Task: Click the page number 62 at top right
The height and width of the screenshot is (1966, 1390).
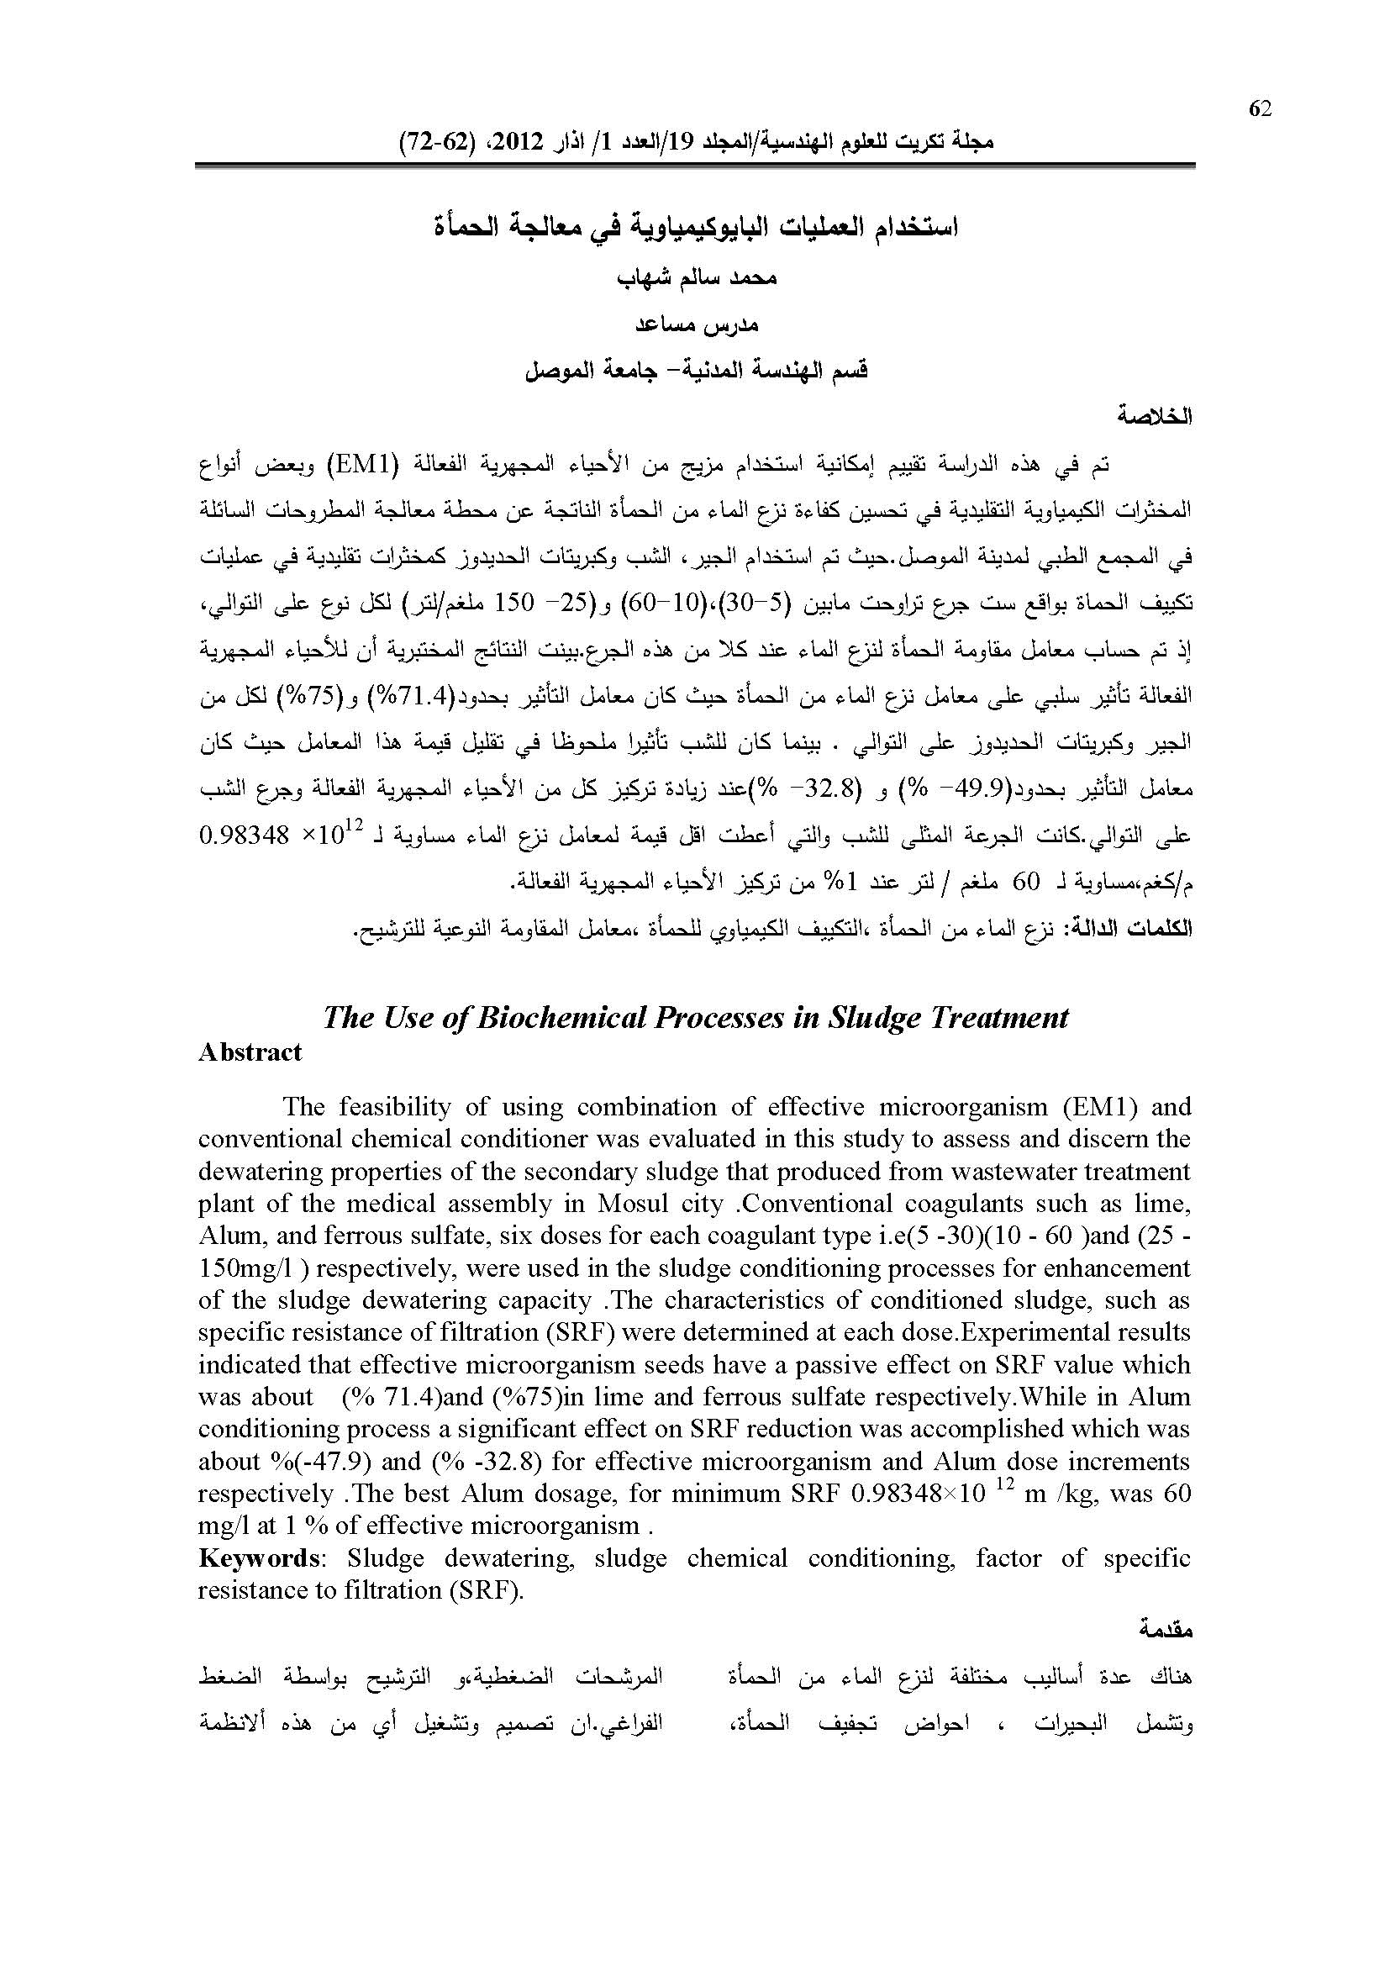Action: (x=1260, y=108)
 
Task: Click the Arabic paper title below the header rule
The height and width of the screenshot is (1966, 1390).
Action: (x=695, y=229)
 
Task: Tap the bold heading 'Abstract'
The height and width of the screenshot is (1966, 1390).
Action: (x=250, y=1052)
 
